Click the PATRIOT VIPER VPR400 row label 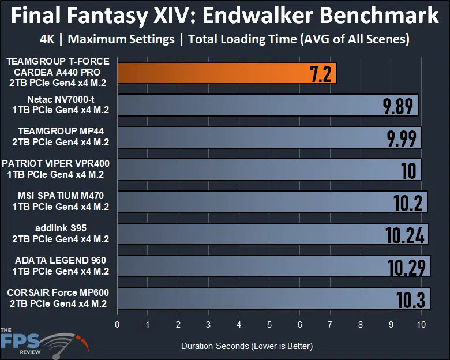(56, 169)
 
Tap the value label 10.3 (410, 299)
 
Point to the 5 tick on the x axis (269, 324)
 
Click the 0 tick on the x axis (117, 324)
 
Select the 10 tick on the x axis (421, 324)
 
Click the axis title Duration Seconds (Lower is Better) (247, 346)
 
